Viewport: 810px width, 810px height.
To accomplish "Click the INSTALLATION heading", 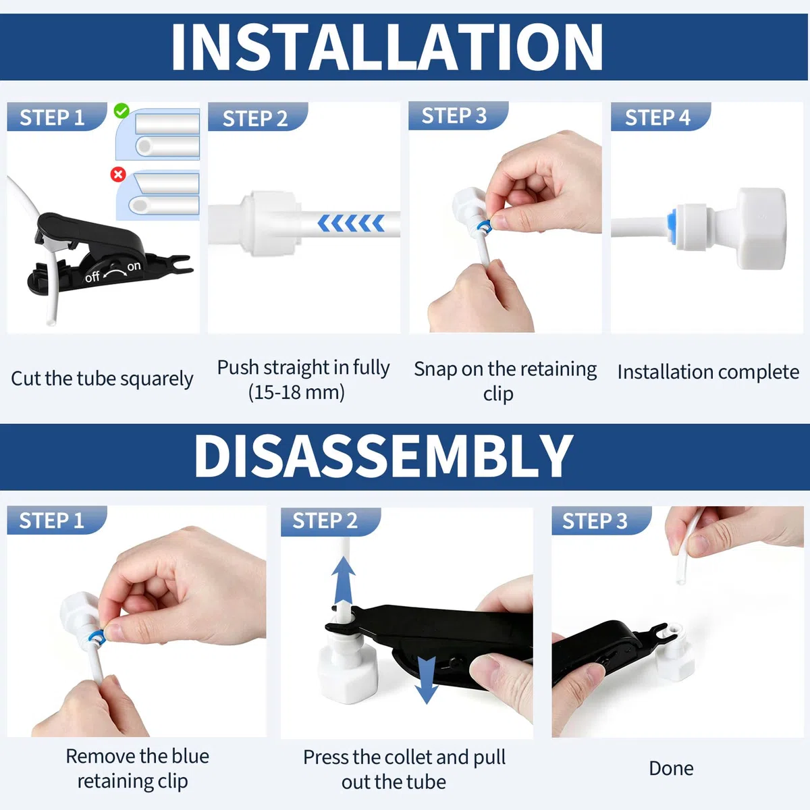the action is coord(387,47).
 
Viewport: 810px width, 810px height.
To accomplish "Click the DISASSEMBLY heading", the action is coord(383,456).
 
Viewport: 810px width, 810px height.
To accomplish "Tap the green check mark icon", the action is coord(122,111).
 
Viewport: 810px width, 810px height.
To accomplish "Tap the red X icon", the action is coord(118,174).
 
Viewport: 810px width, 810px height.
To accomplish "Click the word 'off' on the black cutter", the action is coord(92,277).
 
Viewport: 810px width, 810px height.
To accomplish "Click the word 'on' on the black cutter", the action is coord(134,266).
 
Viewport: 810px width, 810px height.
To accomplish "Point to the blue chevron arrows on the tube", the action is coord(351,223).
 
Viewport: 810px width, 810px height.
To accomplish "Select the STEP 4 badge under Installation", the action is coord(660,116).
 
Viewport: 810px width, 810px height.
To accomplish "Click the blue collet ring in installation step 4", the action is coord(671,222).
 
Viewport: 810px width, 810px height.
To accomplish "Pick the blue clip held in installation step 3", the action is coord(485,226).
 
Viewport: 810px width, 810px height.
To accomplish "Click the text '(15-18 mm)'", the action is coord(296,392).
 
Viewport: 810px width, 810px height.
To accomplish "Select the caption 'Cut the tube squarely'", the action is coord(102,378).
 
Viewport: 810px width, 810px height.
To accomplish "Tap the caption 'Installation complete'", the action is coord(708,373).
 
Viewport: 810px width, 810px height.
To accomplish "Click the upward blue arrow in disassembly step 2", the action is coord(344,581).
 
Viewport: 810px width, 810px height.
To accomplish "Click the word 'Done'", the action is coord(671,768).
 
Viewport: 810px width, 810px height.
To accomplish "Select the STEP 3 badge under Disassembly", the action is coord(601,520).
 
